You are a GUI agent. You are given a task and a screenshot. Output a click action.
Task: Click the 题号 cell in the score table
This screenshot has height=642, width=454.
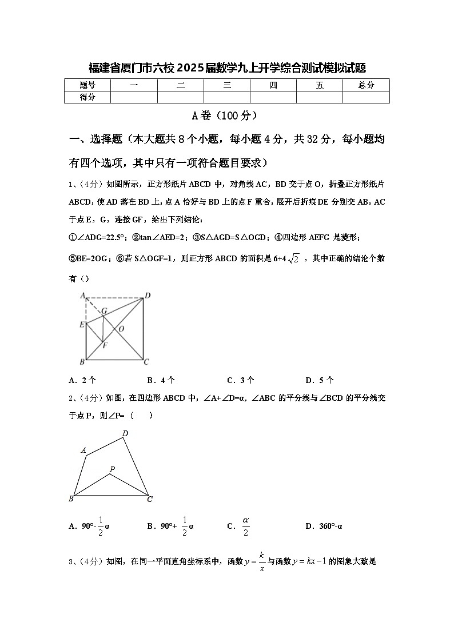click(87, 85)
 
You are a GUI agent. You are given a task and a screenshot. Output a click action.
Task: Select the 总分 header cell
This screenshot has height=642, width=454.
click(366, 85)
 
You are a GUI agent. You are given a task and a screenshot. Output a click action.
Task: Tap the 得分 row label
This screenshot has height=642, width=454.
click(87, 97)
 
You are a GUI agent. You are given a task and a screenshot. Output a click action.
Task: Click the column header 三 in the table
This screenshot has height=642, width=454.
click(227, 85)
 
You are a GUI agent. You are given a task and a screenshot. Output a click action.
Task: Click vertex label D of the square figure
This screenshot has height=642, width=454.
click(147, 295)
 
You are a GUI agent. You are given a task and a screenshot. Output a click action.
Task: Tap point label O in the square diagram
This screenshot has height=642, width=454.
click(121, 329)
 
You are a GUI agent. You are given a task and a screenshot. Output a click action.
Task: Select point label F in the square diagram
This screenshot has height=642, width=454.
click(103, 345)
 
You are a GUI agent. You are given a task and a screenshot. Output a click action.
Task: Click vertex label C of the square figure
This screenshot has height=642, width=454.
click(146, 361)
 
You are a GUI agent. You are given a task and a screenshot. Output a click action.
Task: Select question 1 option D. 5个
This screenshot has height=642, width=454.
click(320, 380)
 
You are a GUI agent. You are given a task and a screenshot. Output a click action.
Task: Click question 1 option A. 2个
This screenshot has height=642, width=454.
click(82, 380)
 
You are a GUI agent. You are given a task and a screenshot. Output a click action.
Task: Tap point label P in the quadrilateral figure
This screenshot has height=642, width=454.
click(112, 469)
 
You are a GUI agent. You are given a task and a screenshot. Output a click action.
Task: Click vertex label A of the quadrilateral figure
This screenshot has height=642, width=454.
click(83, 450)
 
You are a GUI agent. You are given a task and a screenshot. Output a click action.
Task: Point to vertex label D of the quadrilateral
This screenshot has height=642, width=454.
click(125, 433)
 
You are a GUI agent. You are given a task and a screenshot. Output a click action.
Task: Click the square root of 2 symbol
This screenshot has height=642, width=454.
click(294, 259)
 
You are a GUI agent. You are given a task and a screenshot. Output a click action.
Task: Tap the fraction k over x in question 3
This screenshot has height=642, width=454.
click(261, 561)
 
